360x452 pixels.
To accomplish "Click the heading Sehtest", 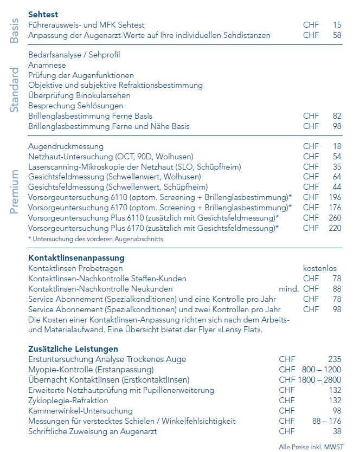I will click(43, 15).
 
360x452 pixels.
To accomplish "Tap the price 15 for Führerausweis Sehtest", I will click(337, 25).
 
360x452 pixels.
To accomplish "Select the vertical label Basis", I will click(15, 30).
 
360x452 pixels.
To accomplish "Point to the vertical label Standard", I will click(15, 90).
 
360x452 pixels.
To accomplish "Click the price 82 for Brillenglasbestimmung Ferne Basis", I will click(337, 116).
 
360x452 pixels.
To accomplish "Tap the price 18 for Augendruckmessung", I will click(337, 146).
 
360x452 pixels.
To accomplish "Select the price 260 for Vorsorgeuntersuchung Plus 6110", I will click(335, 218).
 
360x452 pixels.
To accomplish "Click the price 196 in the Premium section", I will click(335, 197).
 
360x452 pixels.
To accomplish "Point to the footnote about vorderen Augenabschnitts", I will click(95, 238).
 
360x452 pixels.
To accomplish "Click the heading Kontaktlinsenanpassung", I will click(76, 258).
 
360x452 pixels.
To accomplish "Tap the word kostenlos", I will click(320, 268).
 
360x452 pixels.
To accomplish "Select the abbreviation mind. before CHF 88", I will click(288, 289).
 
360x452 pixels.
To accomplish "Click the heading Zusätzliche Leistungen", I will click(73, 349).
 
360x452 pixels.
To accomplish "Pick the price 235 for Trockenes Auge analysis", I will click(335, 359).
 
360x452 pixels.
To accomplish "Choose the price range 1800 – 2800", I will click(319, 380).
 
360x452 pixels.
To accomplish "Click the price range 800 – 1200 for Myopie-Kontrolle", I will click(322, 370).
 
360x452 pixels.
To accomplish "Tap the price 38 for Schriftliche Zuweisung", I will click(337, 431).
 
